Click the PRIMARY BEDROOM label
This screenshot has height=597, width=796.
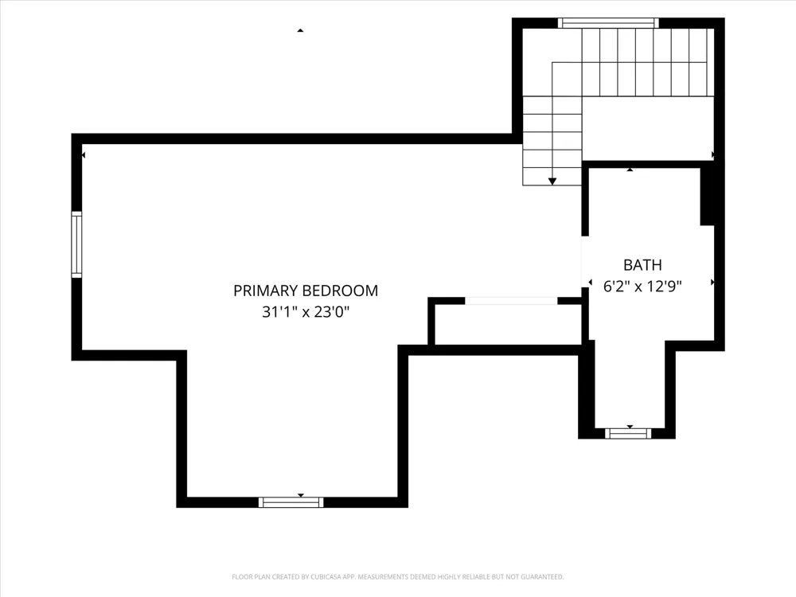coord(306,291)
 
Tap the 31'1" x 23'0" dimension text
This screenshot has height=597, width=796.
coord(306,311)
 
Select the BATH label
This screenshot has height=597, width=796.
coord(642,265)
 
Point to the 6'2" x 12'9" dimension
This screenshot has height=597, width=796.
coord(642,287)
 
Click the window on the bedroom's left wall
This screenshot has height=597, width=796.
coord(76,244)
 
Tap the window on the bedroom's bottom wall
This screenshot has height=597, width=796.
coord(291,502)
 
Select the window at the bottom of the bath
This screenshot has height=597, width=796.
coord(628,434)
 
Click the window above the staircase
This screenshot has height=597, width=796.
coord(608,23)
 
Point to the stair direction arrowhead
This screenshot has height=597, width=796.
coord(552,181)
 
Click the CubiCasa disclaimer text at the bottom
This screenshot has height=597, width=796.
coord(397,576)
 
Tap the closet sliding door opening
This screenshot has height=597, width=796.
coord(511,301)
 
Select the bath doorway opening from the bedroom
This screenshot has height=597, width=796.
coord(585,261)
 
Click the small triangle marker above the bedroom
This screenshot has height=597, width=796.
coord(300,30)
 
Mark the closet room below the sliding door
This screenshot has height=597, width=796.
coord(508,325)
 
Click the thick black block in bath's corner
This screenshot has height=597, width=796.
coord(707,197)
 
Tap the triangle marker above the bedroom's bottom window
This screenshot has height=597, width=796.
coord(301,495)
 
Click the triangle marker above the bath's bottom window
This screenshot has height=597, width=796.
coord(630,427)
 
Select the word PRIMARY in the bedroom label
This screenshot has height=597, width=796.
coord(265,291)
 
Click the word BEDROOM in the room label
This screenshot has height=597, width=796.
coord(340,291)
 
